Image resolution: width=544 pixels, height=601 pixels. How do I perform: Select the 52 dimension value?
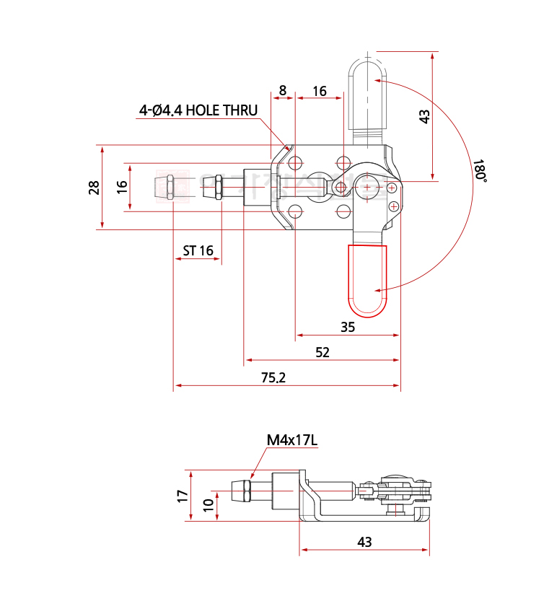pos(323,351)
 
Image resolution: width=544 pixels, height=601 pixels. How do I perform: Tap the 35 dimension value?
pos(348,327)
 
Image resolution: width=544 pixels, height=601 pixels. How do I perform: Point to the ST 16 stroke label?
pos(198,250)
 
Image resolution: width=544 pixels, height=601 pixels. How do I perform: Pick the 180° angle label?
pos(481,172)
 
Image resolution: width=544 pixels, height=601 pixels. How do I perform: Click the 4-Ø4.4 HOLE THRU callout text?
pos(198,110)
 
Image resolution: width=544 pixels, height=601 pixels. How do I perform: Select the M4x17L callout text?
pos(291,439)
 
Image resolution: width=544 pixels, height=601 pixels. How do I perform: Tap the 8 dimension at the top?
pos(282,91)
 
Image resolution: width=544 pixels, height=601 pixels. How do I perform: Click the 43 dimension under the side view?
pos(364,541)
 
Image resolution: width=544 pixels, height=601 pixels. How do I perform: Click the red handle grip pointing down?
pos(368,280)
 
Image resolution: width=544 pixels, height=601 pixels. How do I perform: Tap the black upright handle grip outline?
pos(367,94)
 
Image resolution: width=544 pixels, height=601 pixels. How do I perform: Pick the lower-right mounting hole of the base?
pos(343,211)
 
